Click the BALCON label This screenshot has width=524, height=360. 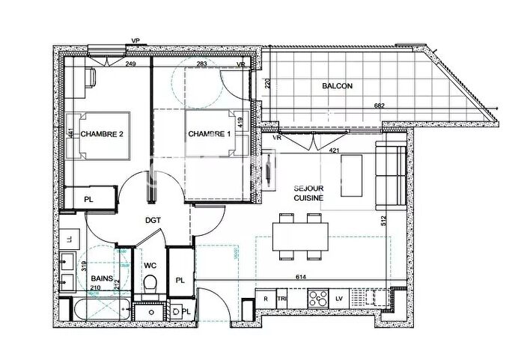point(337,86)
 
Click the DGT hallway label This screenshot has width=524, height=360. point(154,221)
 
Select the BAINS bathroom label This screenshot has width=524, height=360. point(102,279)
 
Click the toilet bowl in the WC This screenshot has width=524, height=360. point(150,284)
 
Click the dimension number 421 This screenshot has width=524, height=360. point(335,150)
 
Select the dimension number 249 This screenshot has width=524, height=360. point(130,65)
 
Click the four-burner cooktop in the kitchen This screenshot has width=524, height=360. point(318,298)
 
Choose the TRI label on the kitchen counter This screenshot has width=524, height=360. point(282,298)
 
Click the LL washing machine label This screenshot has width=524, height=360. point(70,239)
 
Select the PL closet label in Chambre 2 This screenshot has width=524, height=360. point(88,199)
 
